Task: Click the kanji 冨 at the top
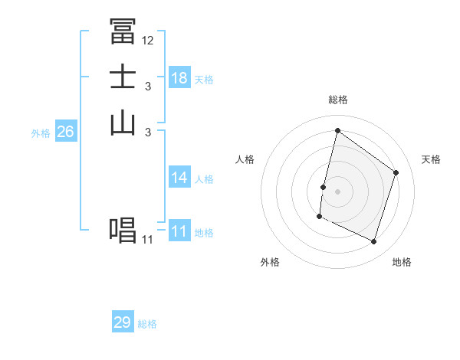[123, 31]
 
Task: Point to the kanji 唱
[123, 231]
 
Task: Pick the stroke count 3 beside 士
[147, 87]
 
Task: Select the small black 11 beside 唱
[147, 240]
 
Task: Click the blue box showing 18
[179, 78]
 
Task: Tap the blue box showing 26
[65, 132]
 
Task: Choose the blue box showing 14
[179, 178]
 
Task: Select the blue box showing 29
[123, 322]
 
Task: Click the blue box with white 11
[179, 231]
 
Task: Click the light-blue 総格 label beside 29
[147, 324]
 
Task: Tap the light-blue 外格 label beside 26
[41, 133]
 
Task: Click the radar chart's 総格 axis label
[337, 100]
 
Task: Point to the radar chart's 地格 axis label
[402, 262]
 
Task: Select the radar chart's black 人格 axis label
[245, 159]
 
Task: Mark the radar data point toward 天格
[396, 172]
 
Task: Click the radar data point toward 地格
[373, 242]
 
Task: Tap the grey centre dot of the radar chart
[337, 191]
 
